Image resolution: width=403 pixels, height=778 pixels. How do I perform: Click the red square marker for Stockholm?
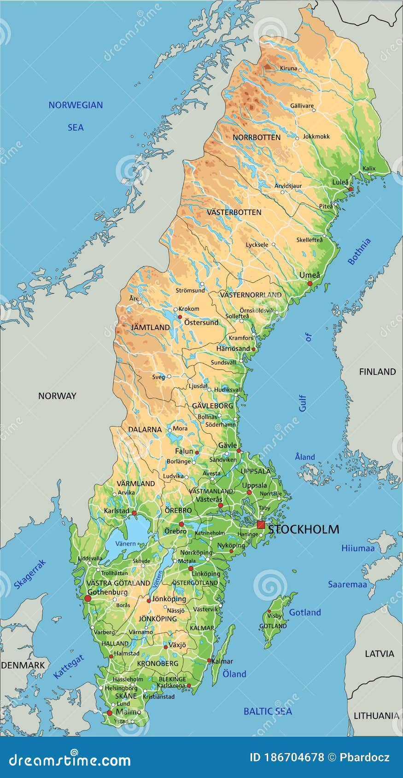[x=261, y=525]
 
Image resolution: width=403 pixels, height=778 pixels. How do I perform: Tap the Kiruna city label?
[x=289, y=69]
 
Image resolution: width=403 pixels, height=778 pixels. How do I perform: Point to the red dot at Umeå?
[x=310, y=284]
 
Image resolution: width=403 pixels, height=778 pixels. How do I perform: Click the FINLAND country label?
[x=377, y=372]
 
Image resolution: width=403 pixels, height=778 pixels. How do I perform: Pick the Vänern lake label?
[x=125, y=544]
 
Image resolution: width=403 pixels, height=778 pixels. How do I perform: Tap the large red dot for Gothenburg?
[x=88, y=598]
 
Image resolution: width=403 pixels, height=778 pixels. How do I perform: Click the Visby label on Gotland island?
[x=275, y=616]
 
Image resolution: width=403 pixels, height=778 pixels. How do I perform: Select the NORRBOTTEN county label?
[x=256, y=138]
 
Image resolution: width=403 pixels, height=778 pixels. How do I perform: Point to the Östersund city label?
[x=201, y=323]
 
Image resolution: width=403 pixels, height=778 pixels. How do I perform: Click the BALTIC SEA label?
[x=268, y=711]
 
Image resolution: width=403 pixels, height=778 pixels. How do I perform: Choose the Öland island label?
[x=234, y=674]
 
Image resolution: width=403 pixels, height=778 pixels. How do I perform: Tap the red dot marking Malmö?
[x=109, y=713]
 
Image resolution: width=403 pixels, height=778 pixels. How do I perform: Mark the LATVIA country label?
[x=380, y=654]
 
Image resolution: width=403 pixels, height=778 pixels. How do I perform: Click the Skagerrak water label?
[x=30, y=575]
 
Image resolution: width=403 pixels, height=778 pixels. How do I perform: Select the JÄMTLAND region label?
[x=150, y=328]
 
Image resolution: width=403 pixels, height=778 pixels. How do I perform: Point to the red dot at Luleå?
[x=350, y=189]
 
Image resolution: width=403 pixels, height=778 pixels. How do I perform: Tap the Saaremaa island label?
[x=347, y=585]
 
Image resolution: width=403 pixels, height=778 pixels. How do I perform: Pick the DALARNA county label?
[x=145, y=430]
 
